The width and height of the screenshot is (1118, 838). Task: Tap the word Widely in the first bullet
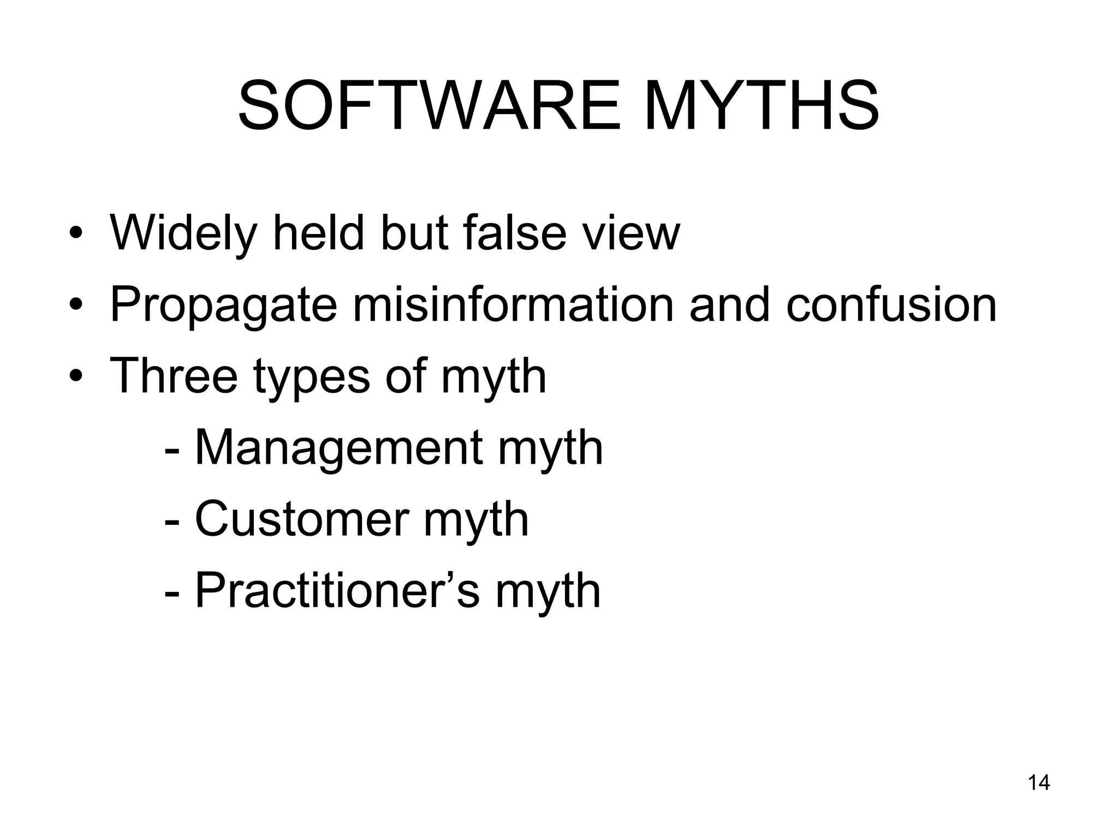[x=183, y=234]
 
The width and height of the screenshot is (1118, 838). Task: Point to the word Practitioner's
[x=337, y=591]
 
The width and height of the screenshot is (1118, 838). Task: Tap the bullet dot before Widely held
[x=76, y=236]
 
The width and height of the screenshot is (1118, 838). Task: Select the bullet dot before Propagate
[x=76, y=307]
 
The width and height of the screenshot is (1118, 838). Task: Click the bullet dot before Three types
[x=76, y=378]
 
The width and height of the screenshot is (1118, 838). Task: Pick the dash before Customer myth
[x=171, y=521]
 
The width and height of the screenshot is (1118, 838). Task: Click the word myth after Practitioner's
[x=548, y=592]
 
